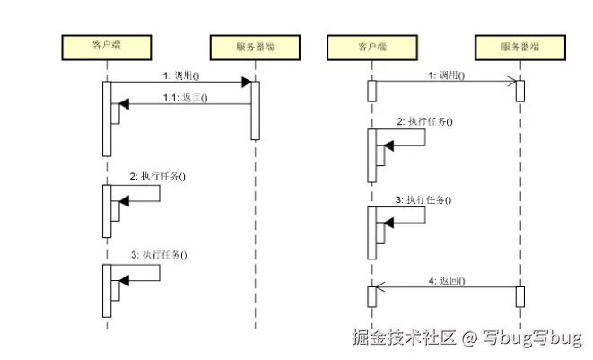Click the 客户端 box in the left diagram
click(107, 45)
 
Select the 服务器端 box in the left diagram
click(254, 45)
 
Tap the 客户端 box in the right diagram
click(371, 45)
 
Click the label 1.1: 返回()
click(185, 97)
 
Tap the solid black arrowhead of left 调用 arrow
click(245, 82)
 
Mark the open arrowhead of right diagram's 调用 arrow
click(512, 82)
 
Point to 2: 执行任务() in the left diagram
click(158, 177)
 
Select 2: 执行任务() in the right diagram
click(424, 121)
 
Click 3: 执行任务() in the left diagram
click(159, 255)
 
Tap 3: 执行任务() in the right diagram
click(424, 198)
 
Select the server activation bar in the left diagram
click(254, 110)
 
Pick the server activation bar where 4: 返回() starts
click(519, 295)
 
